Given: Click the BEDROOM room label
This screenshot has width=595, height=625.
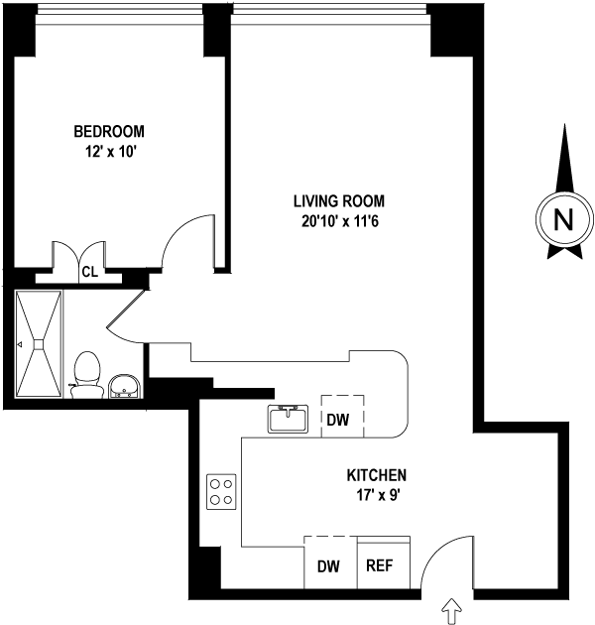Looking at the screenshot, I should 109,131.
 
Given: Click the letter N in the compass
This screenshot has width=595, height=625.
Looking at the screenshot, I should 563,219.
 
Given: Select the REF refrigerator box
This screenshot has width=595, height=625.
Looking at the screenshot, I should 381,566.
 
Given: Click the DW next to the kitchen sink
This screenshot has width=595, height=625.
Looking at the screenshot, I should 338,419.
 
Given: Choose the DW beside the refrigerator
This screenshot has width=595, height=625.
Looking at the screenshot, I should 328,566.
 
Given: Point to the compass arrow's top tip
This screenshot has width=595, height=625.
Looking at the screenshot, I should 563,129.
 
